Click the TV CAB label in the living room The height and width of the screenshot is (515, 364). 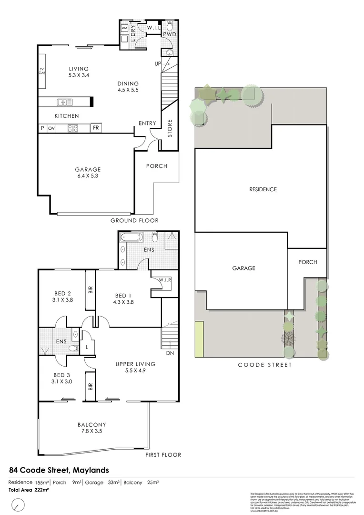42,72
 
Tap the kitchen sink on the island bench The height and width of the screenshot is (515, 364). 63,102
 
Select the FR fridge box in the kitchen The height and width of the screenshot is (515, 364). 96,128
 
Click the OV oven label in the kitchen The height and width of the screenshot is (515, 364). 51,128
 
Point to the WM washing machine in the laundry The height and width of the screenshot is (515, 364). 124,29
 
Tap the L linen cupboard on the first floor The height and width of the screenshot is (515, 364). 87,348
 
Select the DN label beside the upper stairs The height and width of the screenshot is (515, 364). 169,353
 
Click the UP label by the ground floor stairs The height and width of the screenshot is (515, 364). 157,63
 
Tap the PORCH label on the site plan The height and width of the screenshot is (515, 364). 307,262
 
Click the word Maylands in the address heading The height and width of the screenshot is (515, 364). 91,470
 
